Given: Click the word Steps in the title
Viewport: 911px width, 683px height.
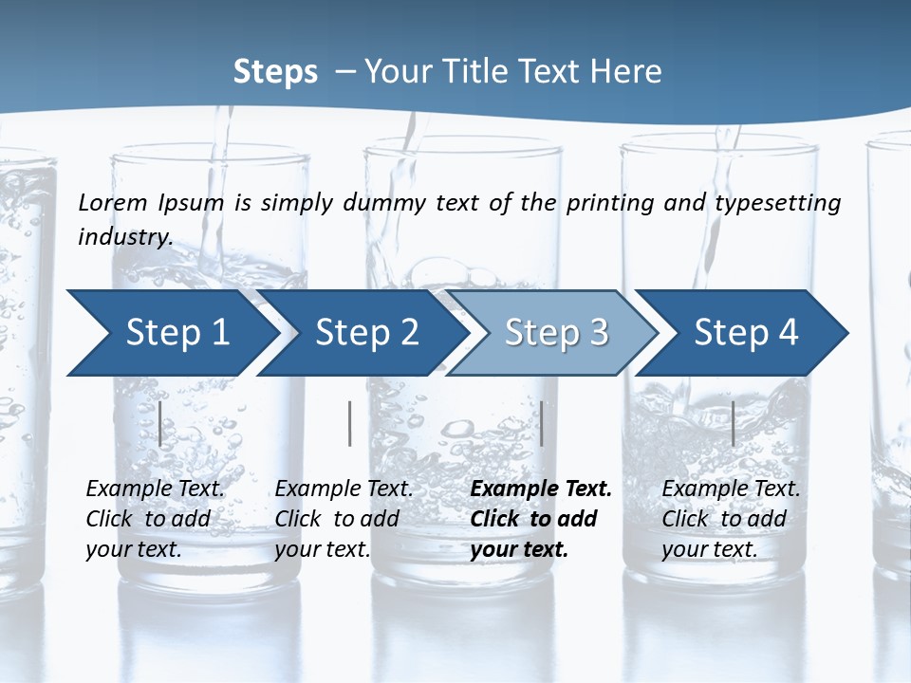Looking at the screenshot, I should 275,72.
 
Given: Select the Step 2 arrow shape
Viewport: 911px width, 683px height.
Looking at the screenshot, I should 366,332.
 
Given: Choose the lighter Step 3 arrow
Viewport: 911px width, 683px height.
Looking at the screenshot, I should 556,332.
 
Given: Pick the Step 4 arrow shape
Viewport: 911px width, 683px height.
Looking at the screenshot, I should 746,332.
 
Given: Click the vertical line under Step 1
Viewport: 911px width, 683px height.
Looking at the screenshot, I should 160,423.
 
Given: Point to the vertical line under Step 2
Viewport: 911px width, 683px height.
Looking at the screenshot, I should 350,423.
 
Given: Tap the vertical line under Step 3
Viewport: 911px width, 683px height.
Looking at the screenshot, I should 542,423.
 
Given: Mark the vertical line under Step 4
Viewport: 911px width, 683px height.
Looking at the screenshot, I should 734,423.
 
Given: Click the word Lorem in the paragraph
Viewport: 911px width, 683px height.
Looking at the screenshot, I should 113,203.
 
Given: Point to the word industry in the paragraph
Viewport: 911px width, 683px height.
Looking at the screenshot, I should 125,237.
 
